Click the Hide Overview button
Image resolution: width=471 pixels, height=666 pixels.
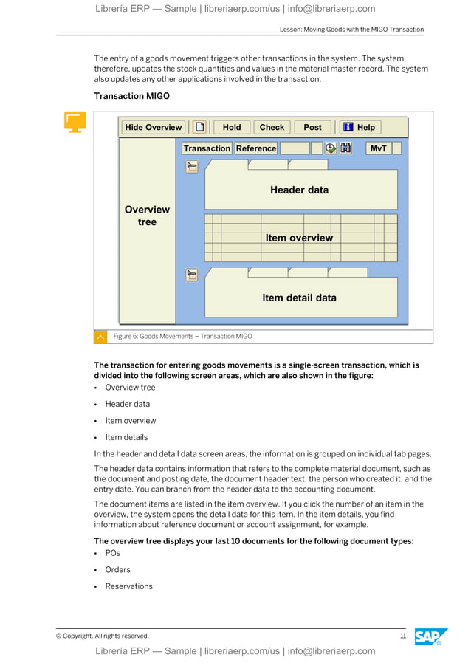click(x=153, y=127)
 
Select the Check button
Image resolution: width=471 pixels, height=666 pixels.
click(x=272, y=127)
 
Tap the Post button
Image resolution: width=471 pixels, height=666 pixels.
click(x=312, y=127)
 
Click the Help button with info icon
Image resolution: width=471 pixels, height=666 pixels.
click(x=359, y=127)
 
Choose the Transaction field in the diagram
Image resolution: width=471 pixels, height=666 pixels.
click(x=207, y=148)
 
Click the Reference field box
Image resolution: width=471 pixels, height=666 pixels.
click(x=255, y=148)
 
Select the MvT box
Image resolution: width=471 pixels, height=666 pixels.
click(x=378, y=148)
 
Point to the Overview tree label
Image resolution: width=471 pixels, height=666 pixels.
click(x=147, y=216)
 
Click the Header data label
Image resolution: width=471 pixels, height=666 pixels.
click(x=299, y=190)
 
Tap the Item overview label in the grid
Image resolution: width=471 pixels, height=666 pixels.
click(x=299, y=238)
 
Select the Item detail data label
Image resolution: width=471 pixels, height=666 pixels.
click(x=299, y=298)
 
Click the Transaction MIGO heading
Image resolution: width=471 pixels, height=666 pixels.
click(x=131, y=96)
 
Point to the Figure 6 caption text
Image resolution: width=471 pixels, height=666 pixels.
click(x=182, y=337)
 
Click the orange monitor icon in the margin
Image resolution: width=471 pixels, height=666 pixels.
click(x=75, y=122)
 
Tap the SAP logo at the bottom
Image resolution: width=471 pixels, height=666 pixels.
click(x=430, y=636)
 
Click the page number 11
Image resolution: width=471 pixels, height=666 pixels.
click(x=403, y=636)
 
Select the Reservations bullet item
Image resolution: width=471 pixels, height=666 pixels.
click(x=128, y=586)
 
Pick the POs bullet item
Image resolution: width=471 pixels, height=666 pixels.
click(x=112, y=553)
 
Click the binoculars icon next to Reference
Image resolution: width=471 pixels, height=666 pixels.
click(x=345, y=148)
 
